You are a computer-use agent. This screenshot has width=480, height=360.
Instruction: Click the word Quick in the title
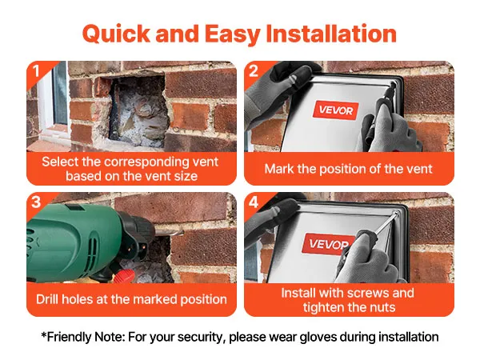116,34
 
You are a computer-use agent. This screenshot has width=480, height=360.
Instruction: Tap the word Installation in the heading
331,33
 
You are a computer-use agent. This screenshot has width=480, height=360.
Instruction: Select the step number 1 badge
36,71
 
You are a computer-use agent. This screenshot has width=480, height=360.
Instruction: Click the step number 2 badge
254,71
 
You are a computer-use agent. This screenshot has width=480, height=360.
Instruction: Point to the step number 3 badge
36,202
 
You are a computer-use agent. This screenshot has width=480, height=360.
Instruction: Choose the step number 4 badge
254,202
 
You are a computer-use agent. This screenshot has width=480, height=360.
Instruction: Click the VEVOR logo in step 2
335,110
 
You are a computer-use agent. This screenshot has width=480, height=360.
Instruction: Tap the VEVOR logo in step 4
328,244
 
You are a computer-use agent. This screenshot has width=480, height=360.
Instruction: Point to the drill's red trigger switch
125,276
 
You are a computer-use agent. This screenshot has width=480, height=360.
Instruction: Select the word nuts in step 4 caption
382,307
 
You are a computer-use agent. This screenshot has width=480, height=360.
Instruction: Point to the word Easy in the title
232,34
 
